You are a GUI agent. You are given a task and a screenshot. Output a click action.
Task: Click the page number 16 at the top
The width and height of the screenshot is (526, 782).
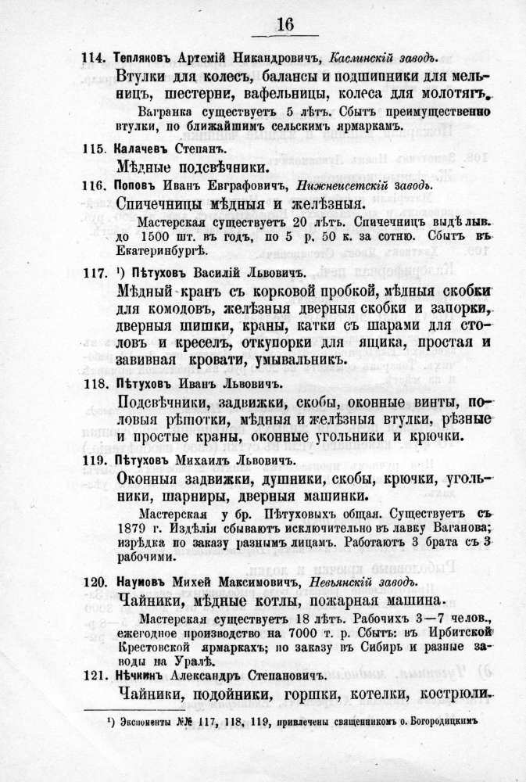coord(284,24)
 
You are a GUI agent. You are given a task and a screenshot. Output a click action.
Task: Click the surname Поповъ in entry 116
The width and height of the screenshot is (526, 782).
coord(134,184)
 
